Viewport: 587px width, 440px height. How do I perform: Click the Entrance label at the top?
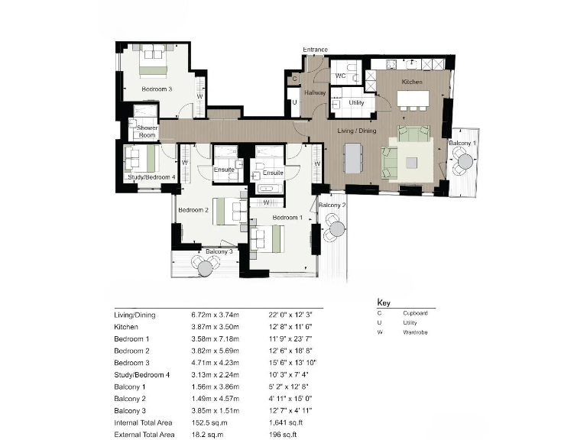[315, 50]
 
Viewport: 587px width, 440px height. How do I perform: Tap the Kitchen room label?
[412, 81]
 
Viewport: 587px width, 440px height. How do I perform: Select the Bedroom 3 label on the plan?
[157, 89]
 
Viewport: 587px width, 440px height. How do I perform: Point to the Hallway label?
[315, 93]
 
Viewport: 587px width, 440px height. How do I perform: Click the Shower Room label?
[147, 131]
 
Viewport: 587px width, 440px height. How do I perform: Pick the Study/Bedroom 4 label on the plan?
[151, 177]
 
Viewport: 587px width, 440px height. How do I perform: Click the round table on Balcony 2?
[336, 227]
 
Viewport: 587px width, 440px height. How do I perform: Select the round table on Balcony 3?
[204, 266]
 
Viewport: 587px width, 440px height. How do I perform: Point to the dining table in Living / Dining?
[352, 158]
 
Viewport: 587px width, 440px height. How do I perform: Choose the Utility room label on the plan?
[356, 102]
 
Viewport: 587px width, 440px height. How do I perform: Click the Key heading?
[384, 302]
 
